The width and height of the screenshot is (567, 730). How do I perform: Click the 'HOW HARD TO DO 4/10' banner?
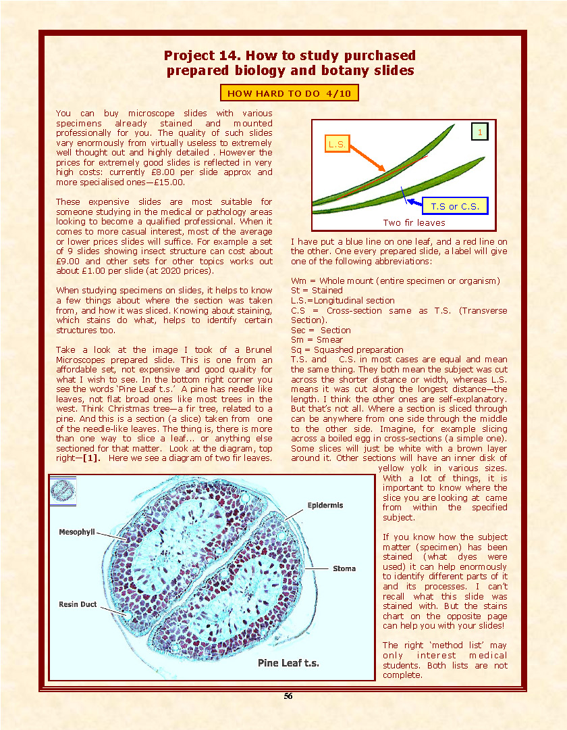pos(289,93)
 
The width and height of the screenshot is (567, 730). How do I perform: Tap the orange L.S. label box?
pos(337,144)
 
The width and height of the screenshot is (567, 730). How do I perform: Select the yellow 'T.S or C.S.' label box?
pos(454,206)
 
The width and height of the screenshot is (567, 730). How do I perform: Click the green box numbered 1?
pos(479,132)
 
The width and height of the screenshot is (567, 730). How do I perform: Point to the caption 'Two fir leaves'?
pos(414,222)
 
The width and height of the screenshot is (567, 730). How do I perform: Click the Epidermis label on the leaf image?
pos(325,505)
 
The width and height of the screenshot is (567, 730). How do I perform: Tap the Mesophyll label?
pos(77,532)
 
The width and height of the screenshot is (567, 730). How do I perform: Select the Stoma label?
pos(344,568)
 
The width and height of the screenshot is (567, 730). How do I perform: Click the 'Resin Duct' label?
pos(78,604)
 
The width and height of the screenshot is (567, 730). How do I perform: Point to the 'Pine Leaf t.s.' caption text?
pos(288,663)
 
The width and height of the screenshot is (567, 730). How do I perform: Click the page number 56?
pos(288,696)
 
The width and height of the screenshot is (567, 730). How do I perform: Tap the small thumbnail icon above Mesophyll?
pos(63,491)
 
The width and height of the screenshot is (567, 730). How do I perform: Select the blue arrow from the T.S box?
pos(413,201)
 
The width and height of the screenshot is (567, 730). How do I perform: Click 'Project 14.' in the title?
pos(200,55)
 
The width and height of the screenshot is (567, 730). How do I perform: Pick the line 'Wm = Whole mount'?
pos(395,281)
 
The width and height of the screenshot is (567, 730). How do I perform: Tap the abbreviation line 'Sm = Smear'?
pos(317,340)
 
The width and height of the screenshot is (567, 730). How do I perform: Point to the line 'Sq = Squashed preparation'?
pos(347,349)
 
